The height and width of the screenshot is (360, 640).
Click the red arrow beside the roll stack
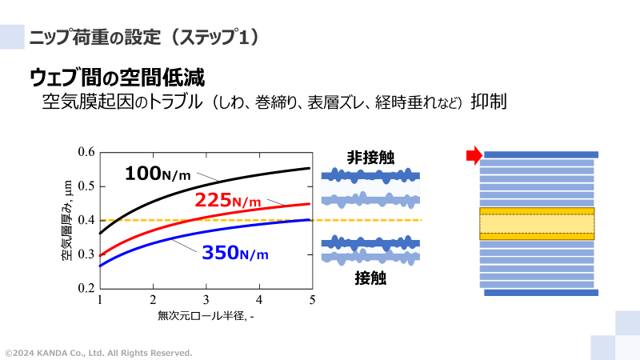pos(473,154)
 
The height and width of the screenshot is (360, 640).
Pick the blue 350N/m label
pos(234,254)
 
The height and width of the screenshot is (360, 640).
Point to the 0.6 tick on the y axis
pos(86,152)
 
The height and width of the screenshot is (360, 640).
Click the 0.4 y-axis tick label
pos(86,220)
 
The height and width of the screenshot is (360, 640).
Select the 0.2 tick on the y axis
pos(86,288)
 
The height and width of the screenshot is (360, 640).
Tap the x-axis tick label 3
pos(206,300)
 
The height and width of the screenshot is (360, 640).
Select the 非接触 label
pos(370,158)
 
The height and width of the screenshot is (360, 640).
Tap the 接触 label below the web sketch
pos(370,279)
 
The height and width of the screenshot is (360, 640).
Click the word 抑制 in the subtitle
pos(490,102)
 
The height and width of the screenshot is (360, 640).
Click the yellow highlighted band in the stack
pos(538,223)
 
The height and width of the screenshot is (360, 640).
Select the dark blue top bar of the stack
pos(541,154)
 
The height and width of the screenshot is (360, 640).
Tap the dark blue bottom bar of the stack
pos(541,293)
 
